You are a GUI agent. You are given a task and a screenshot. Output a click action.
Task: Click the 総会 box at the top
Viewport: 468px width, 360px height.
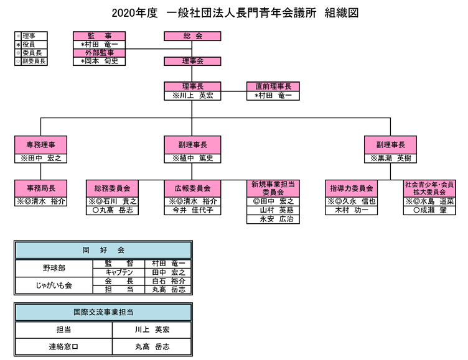[x=193, y=36]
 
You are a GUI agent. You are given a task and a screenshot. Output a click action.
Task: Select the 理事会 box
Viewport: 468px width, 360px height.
[x=193, y=61]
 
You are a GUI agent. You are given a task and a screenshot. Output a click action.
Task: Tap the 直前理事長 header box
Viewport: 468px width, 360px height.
[x=273, y=86]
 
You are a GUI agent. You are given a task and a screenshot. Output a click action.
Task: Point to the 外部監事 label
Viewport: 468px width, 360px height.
[x=99, y=53]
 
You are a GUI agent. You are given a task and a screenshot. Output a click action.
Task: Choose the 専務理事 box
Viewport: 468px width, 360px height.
[x=40, y=144]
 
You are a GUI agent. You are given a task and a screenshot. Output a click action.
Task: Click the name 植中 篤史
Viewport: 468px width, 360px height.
[x=193, y=159]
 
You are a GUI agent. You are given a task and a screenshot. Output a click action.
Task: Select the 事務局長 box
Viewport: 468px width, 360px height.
[x=40, y=188]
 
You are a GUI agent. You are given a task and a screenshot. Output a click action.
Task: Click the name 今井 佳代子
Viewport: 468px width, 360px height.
[x=193, y=210]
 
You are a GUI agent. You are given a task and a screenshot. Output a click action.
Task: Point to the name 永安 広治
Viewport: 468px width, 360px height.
[x=273, y=219]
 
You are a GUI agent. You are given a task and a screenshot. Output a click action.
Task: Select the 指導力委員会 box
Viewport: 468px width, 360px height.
[x=351, y=188]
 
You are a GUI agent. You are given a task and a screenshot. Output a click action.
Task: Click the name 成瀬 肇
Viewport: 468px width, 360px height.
[x=429, y=210]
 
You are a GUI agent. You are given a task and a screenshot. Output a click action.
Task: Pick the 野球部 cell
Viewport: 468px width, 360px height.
[x=54, y=268]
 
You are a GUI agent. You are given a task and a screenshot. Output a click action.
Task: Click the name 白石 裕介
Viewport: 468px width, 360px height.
[x=164, y=281]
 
